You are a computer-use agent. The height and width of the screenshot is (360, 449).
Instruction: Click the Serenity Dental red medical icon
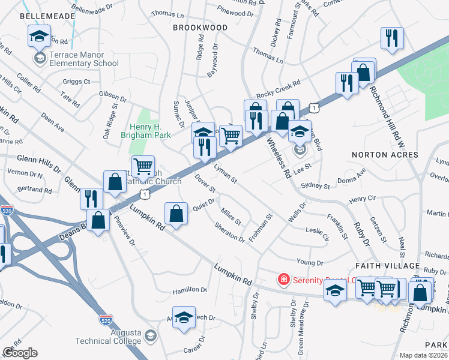(282, 280)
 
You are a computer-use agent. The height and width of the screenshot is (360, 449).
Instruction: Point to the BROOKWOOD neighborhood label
(200, 28)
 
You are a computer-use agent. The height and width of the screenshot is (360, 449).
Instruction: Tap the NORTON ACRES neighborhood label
(385, 155)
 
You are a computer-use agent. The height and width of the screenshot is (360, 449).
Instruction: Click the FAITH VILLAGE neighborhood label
(387, 265)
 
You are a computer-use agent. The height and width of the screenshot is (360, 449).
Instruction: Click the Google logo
(20, 352)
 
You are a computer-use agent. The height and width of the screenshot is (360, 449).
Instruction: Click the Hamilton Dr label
(190, 289)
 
